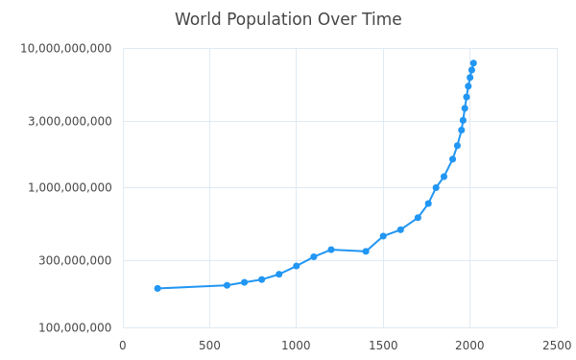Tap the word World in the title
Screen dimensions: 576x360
pyautogui.click(x=198, y=19)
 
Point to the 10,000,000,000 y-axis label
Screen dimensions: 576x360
pyautogui.click(x=65, y=48)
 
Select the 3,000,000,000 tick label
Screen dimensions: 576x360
pyautogui.click(x=70, y=121)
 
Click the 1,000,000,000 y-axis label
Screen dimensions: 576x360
pyautogui.click(x=70, y=187)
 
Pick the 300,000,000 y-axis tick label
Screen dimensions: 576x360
pyautogui.click(x=75, y=260)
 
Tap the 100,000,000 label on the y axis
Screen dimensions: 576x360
pyautogui.click(x=75, y=327)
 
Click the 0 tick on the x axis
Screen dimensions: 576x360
pyautogui.click(x=123, y=346)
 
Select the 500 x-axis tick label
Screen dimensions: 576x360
pyautogui.click(x=209, y=346)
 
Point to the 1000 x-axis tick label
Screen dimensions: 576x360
pyautogui.click(x=296, y=346)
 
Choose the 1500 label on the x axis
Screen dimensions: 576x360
pyautogui.click(x=383, y=346)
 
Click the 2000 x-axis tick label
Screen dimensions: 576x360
pyautogui.click(x=469, y=346)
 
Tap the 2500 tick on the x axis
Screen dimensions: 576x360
pyautogui.click(x=557, y=346)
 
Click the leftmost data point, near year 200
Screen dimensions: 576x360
pyautogui.click(x=157, y=288)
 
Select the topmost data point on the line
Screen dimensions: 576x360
pyautogui.click(x=473, y=63)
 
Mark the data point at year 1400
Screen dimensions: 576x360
pyautogui.click(x=366, y=252)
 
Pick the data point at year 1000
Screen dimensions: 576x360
pyautogui.click(x=296, y=266)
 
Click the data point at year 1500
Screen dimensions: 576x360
pyautogui.click(x=383, y=236)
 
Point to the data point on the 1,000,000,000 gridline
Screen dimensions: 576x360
pyautogui.click(x=436, y=188)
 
